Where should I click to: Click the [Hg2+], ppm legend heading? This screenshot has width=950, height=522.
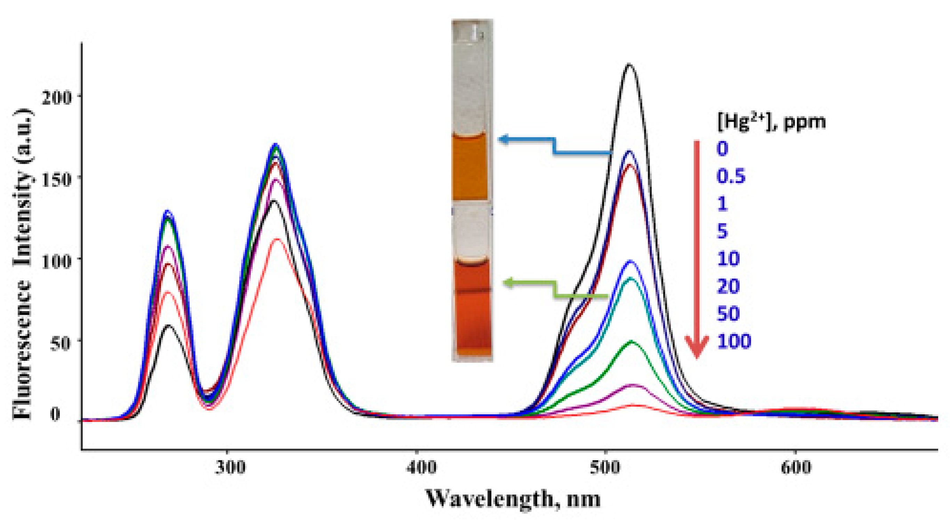pyautogui.click(x=771, y=121)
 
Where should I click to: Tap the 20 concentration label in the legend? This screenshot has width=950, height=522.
pyautogui.click(x=728, y=286)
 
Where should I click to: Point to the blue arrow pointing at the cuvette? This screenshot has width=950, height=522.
pyautogui.click(x=553, y=146)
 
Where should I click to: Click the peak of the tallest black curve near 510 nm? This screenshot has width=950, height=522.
pyautogui.click(x=629, y=65)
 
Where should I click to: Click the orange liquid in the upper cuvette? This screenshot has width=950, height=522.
pyautogui.click(x=470, y=168)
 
